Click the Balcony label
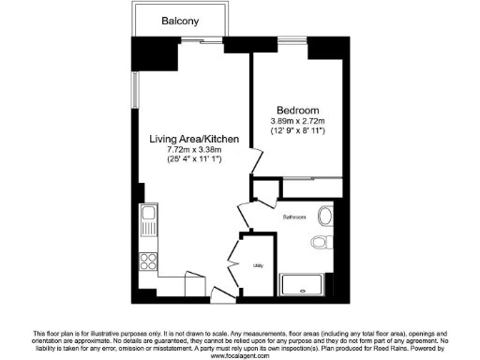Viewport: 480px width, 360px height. point(177,21)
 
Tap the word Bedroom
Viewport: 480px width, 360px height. point(293,108)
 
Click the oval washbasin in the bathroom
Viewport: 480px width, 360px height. point(325,216)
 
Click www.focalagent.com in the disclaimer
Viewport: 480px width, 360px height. point(239,355)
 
